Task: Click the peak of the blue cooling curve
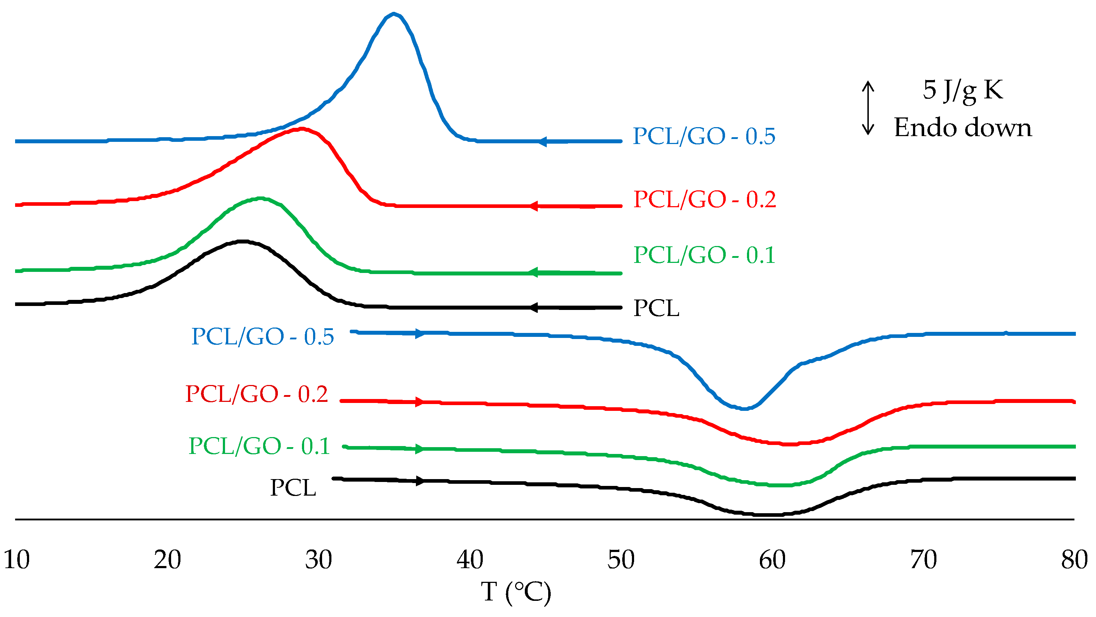[394, 14]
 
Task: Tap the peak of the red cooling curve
[301, 129]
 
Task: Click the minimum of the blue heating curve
[744, 409]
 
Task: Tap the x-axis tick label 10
[17, 560]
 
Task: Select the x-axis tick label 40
[470, 560]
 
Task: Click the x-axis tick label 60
[772, 560]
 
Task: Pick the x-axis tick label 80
[1074, 560]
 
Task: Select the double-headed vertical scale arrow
[868, 108]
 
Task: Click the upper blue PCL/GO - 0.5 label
[704, 136]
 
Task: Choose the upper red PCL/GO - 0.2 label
[705, 199]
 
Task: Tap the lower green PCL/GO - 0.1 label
[259, 446]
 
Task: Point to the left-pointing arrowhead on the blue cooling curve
[541, 142]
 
